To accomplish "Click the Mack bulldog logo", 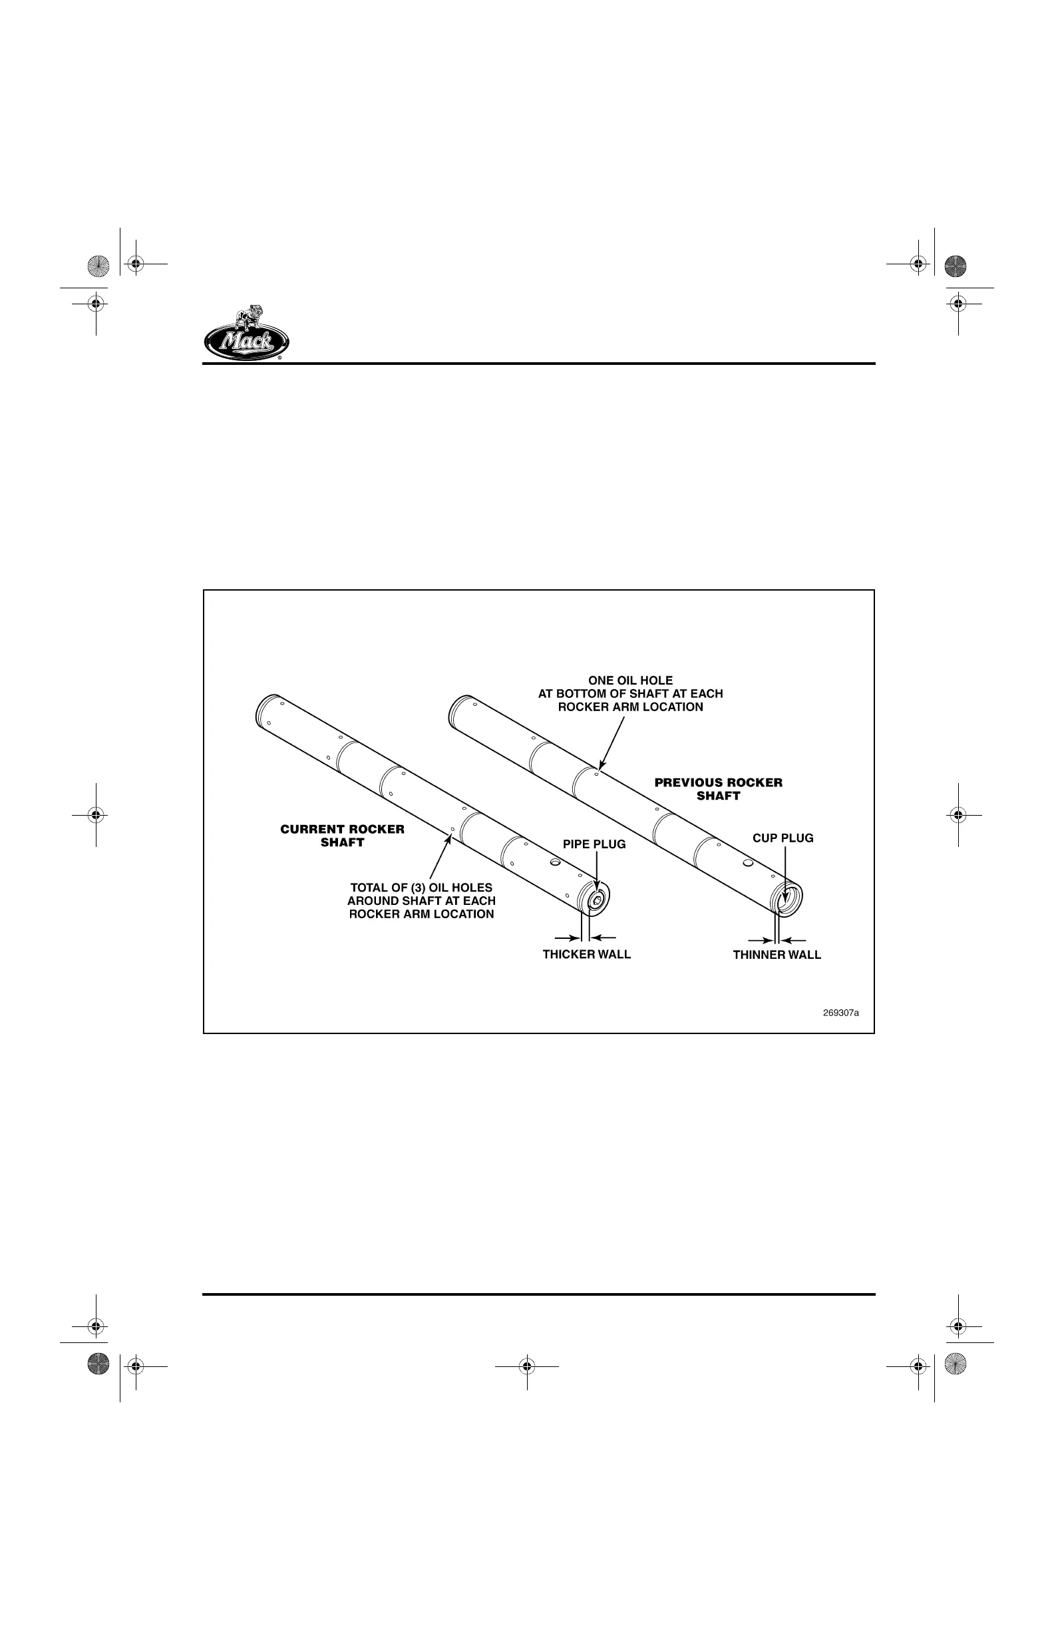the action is click(246, 333).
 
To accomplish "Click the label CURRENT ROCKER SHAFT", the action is click(342, 836).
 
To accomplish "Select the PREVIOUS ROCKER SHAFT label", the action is click(718, 789).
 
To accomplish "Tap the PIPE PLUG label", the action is click(594, 844).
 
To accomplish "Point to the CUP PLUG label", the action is click(783, 838).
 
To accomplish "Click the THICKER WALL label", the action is click(586, 954).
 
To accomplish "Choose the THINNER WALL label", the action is click(777, 955).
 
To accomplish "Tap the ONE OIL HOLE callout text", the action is click(630, 694).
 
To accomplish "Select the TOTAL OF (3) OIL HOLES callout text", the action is click(422, 901).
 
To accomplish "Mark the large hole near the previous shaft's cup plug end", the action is click(747, 862).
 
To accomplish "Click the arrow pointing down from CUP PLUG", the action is click(784, 877).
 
